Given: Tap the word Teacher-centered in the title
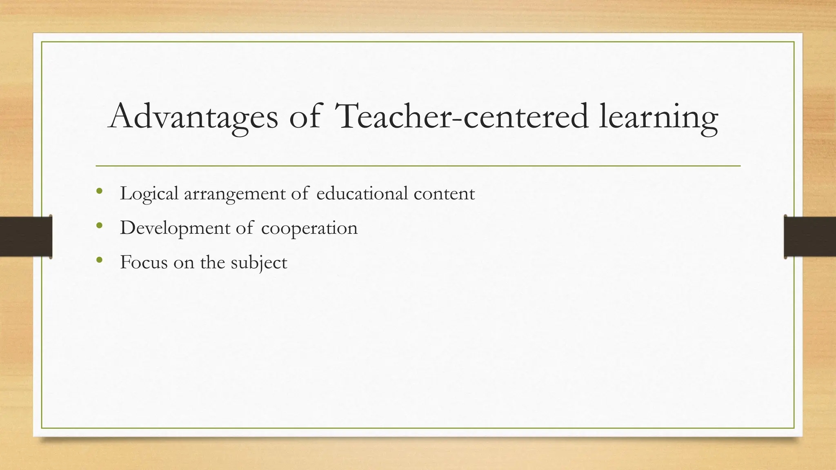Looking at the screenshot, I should (461, 117).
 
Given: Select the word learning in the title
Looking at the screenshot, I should (658, 117).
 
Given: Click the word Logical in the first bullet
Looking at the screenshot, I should (149, 194).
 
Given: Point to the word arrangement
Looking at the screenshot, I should (235, 194).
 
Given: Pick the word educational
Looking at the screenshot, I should (362, 193).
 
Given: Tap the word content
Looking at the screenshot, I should (444, 194).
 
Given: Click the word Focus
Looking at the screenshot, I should (144, 262).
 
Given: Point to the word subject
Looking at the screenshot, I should (259, 262).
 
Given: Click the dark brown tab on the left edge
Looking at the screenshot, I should (26, 237).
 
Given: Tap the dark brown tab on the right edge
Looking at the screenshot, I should (810, 237).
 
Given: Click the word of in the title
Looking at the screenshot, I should (304, 117).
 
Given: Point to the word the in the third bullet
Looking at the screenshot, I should (212, 262).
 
